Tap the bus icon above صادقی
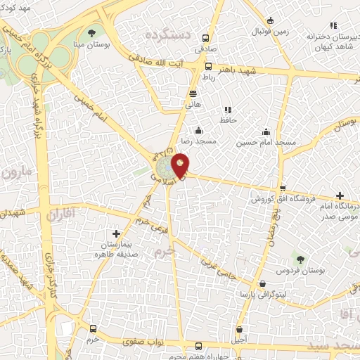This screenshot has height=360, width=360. (206, 39)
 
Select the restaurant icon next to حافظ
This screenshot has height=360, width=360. (226, 110)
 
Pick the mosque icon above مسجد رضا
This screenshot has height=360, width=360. (198, 130)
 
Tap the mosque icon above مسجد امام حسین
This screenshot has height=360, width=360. (266, 131)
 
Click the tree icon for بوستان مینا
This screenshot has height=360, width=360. (92, 32)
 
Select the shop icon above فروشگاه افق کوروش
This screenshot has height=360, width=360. (283, 188)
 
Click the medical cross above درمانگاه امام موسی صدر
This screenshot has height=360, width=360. (340, 195)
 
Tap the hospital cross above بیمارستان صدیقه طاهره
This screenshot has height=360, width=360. (117, 233)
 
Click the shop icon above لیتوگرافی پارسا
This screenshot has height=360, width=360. (262, 283)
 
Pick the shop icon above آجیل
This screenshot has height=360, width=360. (240, 329)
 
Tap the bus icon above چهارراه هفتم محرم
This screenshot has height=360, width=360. (198, 346)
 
